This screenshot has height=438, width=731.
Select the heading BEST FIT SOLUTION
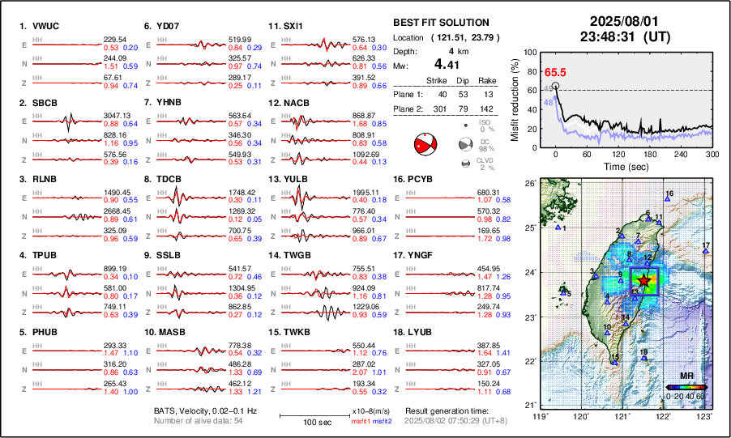pos(440,23)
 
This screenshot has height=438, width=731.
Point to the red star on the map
pos(643,280)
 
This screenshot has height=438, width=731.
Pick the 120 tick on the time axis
pos(621,154)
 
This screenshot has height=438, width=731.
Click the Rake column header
pos(488,80)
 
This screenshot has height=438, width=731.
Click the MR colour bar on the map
pos(686,387)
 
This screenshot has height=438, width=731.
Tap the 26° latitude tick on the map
pos(528,184)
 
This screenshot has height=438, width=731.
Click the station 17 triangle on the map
pos(706,252)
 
